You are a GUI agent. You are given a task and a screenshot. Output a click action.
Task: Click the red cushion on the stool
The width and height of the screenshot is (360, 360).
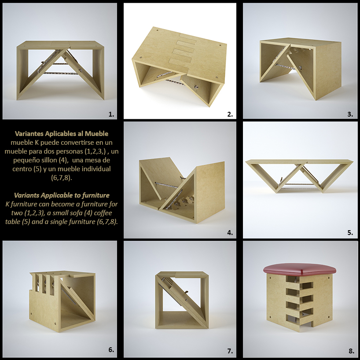(x=299, y=269)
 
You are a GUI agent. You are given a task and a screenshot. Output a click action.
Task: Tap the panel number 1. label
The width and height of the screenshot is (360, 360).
(x=111, y=114)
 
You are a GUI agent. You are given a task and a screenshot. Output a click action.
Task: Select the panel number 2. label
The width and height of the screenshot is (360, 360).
(x=230, y=114)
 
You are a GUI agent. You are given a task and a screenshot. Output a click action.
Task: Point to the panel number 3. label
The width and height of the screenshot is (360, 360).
(x=350, y=114)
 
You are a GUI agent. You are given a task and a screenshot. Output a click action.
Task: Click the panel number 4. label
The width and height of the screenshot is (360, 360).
(x=230, y=232)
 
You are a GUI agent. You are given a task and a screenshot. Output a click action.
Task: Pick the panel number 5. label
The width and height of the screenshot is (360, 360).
(x=350, y=232)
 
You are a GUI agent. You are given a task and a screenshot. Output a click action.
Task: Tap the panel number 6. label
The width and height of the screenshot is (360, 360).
(x=111, y=350)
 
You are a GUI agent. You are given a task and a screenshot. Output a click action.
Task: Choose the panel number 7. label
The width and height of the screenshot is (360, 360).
(x=230, y=351)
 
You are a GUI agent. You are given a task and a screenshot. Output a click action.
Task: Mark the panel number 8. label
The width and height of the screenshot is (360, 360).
(x=352, y=351)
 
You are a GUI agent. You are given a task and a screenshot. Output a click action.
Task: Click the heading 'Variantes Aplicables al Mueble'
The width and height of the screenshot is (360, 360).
(x=62, y=134)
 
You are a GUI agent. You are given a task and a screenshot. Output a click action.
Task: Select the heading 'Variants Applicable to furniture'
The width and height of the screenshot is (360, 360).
(x=62, y=195)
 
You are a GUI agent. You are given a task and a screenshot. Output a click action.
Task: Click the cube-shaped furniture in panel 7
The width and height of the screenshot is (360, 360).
(x=182, y=300)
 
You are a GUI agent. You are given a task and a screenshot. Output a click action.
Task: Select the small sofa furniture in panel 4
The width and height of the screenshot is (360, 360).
(x=182, y=190)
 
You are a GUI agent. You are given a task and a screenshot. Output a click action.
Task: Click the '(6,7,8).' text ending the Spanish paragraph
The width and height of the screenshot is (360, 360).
(x=62, y=178)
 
